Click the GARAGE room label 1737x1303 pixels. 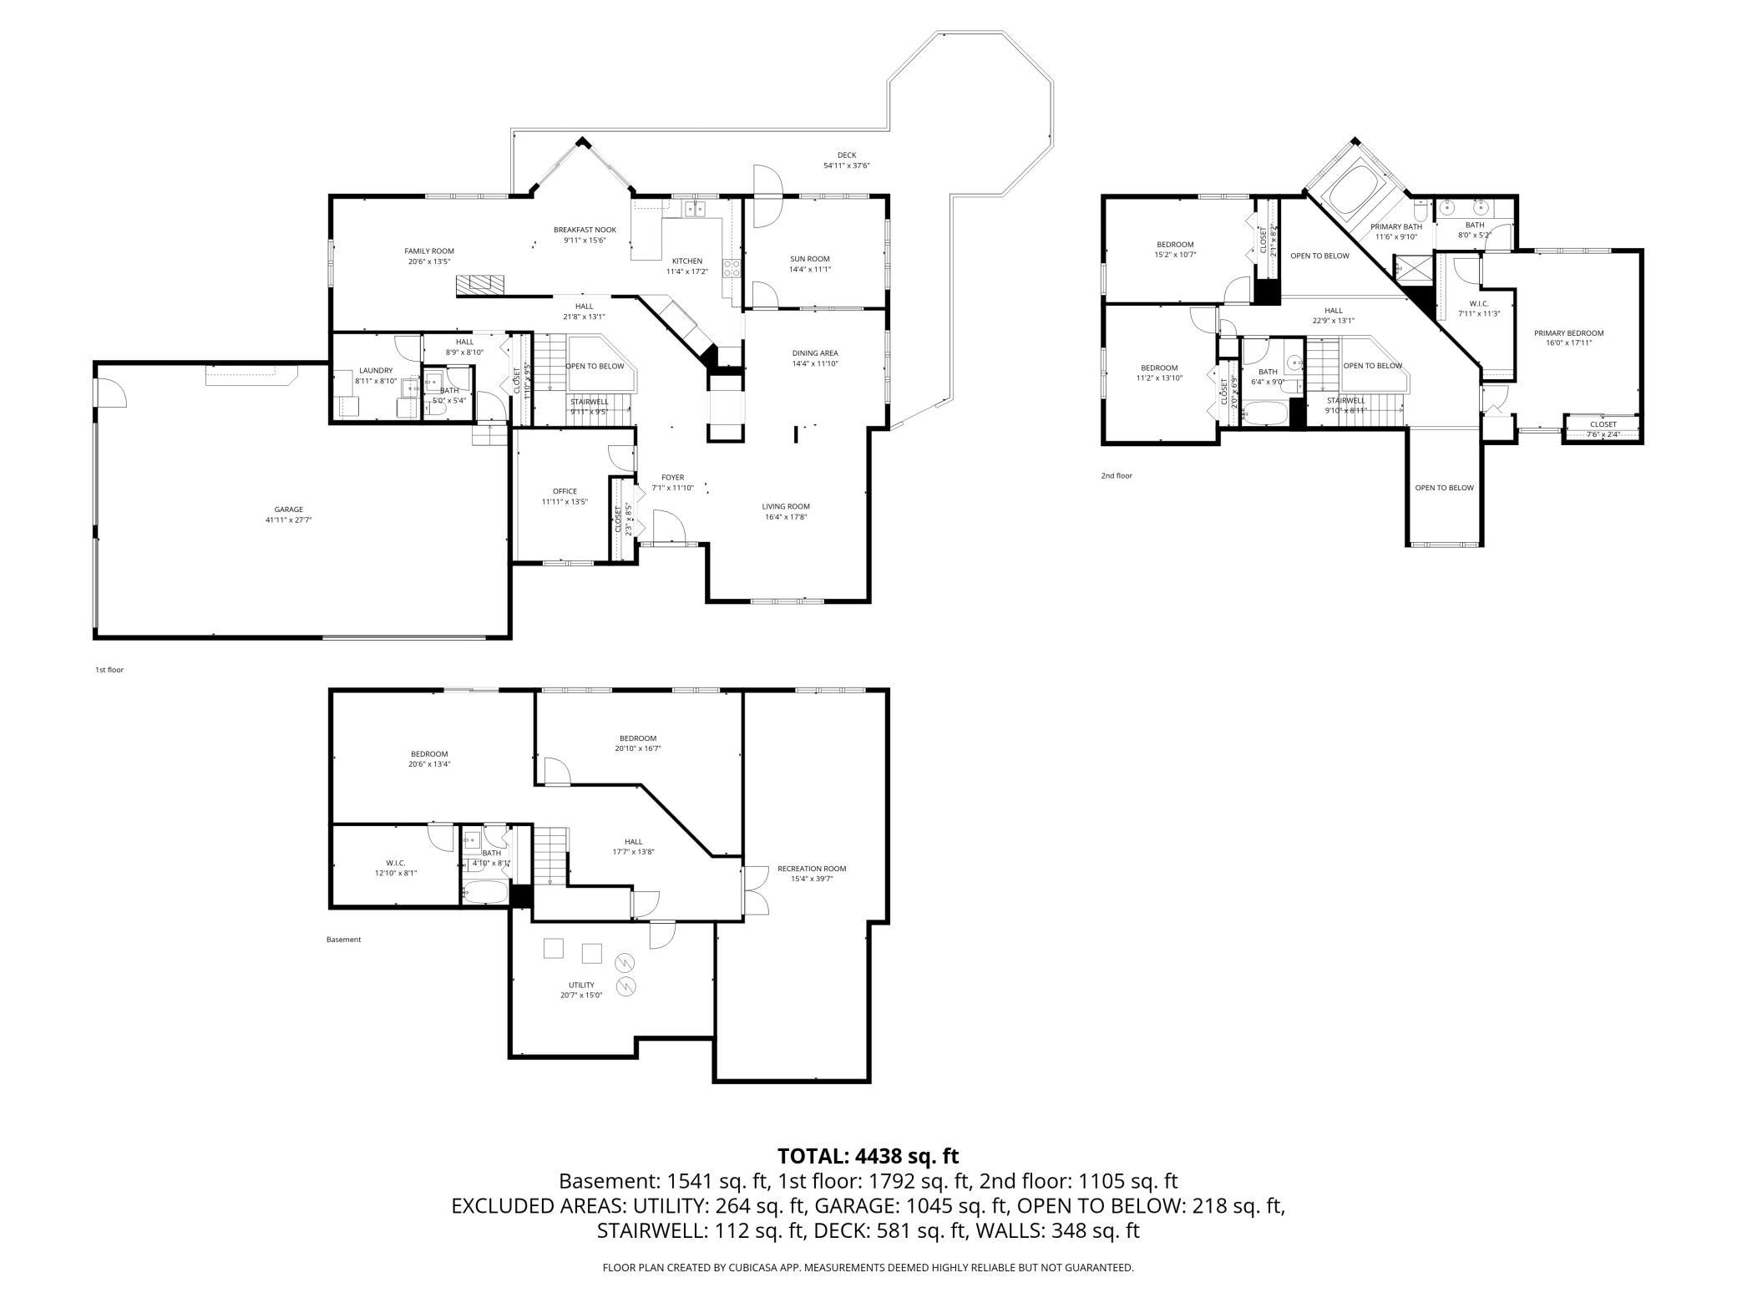289,510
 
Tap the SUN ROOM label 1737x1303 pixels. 810,259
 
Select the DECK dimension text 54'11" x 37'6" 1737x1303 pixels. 847,165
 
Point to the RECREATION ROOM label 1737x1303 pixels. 812,869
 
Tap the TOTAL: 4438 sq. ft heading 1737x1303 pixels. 868,1156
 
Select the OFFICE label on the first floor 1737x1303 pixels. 565,491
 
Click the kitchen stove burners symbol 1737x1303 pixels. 732,268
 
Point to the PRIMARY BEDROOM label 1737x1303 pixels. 1568,333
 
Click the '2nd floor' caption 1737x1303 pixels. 1117,476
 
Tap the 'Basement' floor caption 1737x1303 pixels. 343,940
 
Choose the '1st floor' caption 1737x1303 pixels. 109,670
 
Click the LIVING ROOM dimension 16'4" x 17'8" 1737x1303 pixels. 786,517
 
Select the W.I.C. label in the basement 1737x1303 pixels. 396,862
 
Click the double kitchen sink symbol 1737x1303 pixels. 695,208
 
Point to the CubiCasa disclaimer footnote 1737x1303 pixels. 868,1268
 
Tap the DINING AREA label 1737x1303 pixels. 815,352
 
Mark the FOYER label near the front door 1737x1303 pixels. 672,478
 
